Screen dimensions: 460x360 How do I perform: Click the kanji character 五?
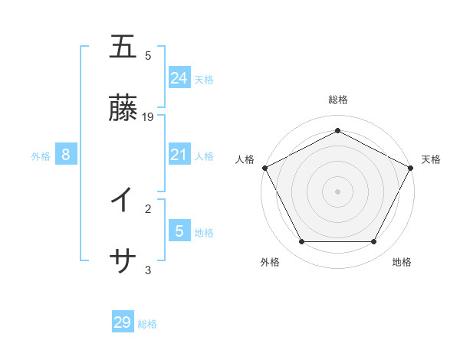tap(123, 47)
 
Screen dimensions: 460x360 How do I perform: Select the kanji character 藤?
tap(123, 110)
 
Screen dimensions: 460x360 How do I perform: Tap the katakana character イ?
tap(123, 201)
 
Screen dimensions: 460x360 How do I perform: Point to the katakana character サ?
tap(123, 263)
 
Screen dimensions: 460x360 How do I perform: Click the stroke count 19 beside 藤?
tap(148, 117)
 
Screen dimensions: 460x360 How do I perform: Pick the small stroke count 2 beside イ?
tap(148, 208)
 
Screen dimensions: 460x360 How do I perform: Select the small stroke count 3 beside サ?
tap(148, 270)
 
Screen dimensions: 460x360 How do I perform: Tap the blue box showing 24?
tap(179, 78)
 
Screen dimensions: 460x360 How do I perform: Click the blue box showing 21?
tap(179, 155)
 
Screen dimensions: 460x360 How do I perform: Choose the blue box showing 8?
tap(66, 155)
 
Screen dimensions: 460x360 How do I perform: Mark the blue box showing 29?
tap(123, 322)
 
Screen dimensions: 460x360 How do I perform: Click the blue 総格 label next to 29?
tap(148, 324)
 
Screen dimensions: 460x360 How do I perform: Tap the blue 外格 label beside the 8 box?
tap(41, 156)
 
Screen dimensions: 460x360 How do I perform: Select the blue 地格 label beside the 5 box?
tap(204, 233)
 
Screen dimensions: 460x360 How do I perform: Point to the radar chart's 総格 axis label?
tap(337, 100)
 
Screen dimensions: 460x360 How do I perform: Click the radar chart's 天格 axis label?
tap(431, 159)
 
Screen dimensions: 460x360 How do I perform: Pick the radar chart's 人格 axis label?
tap(245, 159)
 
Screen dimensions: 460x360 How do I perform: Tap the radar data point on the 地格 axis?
tap(373, 242)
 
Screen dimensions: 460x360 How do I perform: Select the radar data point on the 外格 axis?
tap(301, 242)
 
